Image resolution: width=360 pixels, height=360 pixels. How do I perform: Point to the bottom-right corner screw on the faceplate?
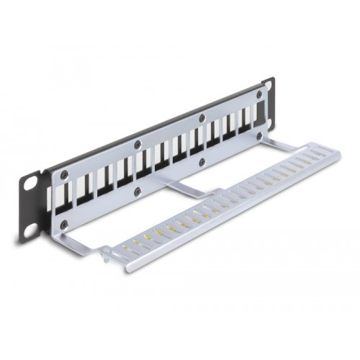[x=261, y=135]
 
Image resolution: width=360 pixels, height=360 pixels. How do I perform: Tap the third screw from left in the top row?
[x=202, y=118]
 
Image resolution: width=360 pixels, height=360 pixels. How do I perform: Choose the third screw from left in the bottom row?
[x=202, y=162]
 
